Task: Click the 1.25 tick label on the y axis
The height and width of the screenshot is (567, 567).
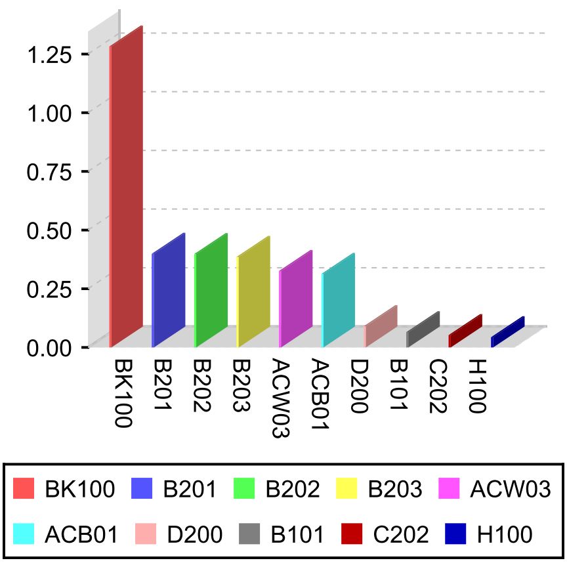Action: click(50, 54)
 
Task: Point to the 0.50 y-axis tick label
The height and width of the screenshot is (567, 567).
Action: click(50, 230)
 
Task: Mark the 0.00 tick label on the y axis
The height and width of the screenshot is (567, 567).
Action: click(50, 347)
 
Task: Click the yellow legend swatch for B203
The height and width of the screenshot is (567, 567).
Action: click(350, 489)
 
